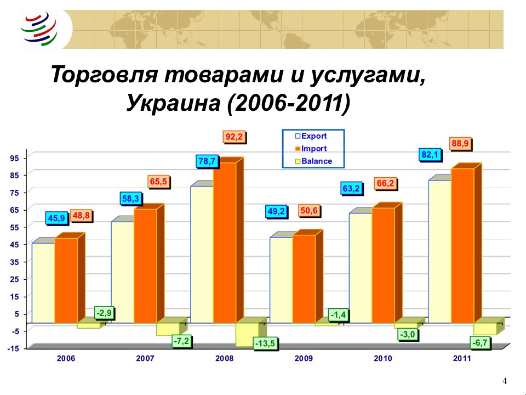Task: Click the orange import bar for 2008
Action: pyautogui.click(x=225, y=242)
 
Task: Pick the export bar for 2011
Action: pyautogui.click(x=440, y=252)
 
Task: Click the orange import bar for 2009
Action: pyautogui.click(x=304, y=279)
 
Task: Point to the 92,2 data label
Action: pyautogui.click(x=234, y=137)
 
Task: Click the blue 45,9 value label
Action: pyautogui.click(x=56, y=218)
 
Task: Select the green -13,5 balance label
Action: pyautogui.click(x=265, y=343)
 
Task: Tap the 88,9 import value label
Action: pyautogui.click(x=460, y=144)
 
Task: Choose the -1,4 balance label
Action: pyautogui.click(x=338, y=315)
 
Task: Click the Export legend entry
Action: pyautogui.click(x=311, y=136)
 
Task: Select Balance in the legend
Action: pyautogui.click(x=313, y=161)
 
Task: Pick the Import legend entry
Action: pyautogui.click(x=311, y=149)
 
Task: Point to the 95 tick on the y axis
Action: pyautogui.click(x=14, y=158)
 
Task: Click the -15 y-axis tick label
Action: pyautogui.click(x=13, y=349)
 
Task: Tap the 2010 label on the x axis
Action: pyautogui.click(x=383, y=358)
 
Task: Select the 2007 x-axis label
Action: pyautogui.click(x=145, y=358)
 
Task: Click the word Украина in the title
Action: pyautogui.click(x=173, y=103)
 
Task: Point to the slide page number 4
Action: pyautogui.click(x=505, y=381)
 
